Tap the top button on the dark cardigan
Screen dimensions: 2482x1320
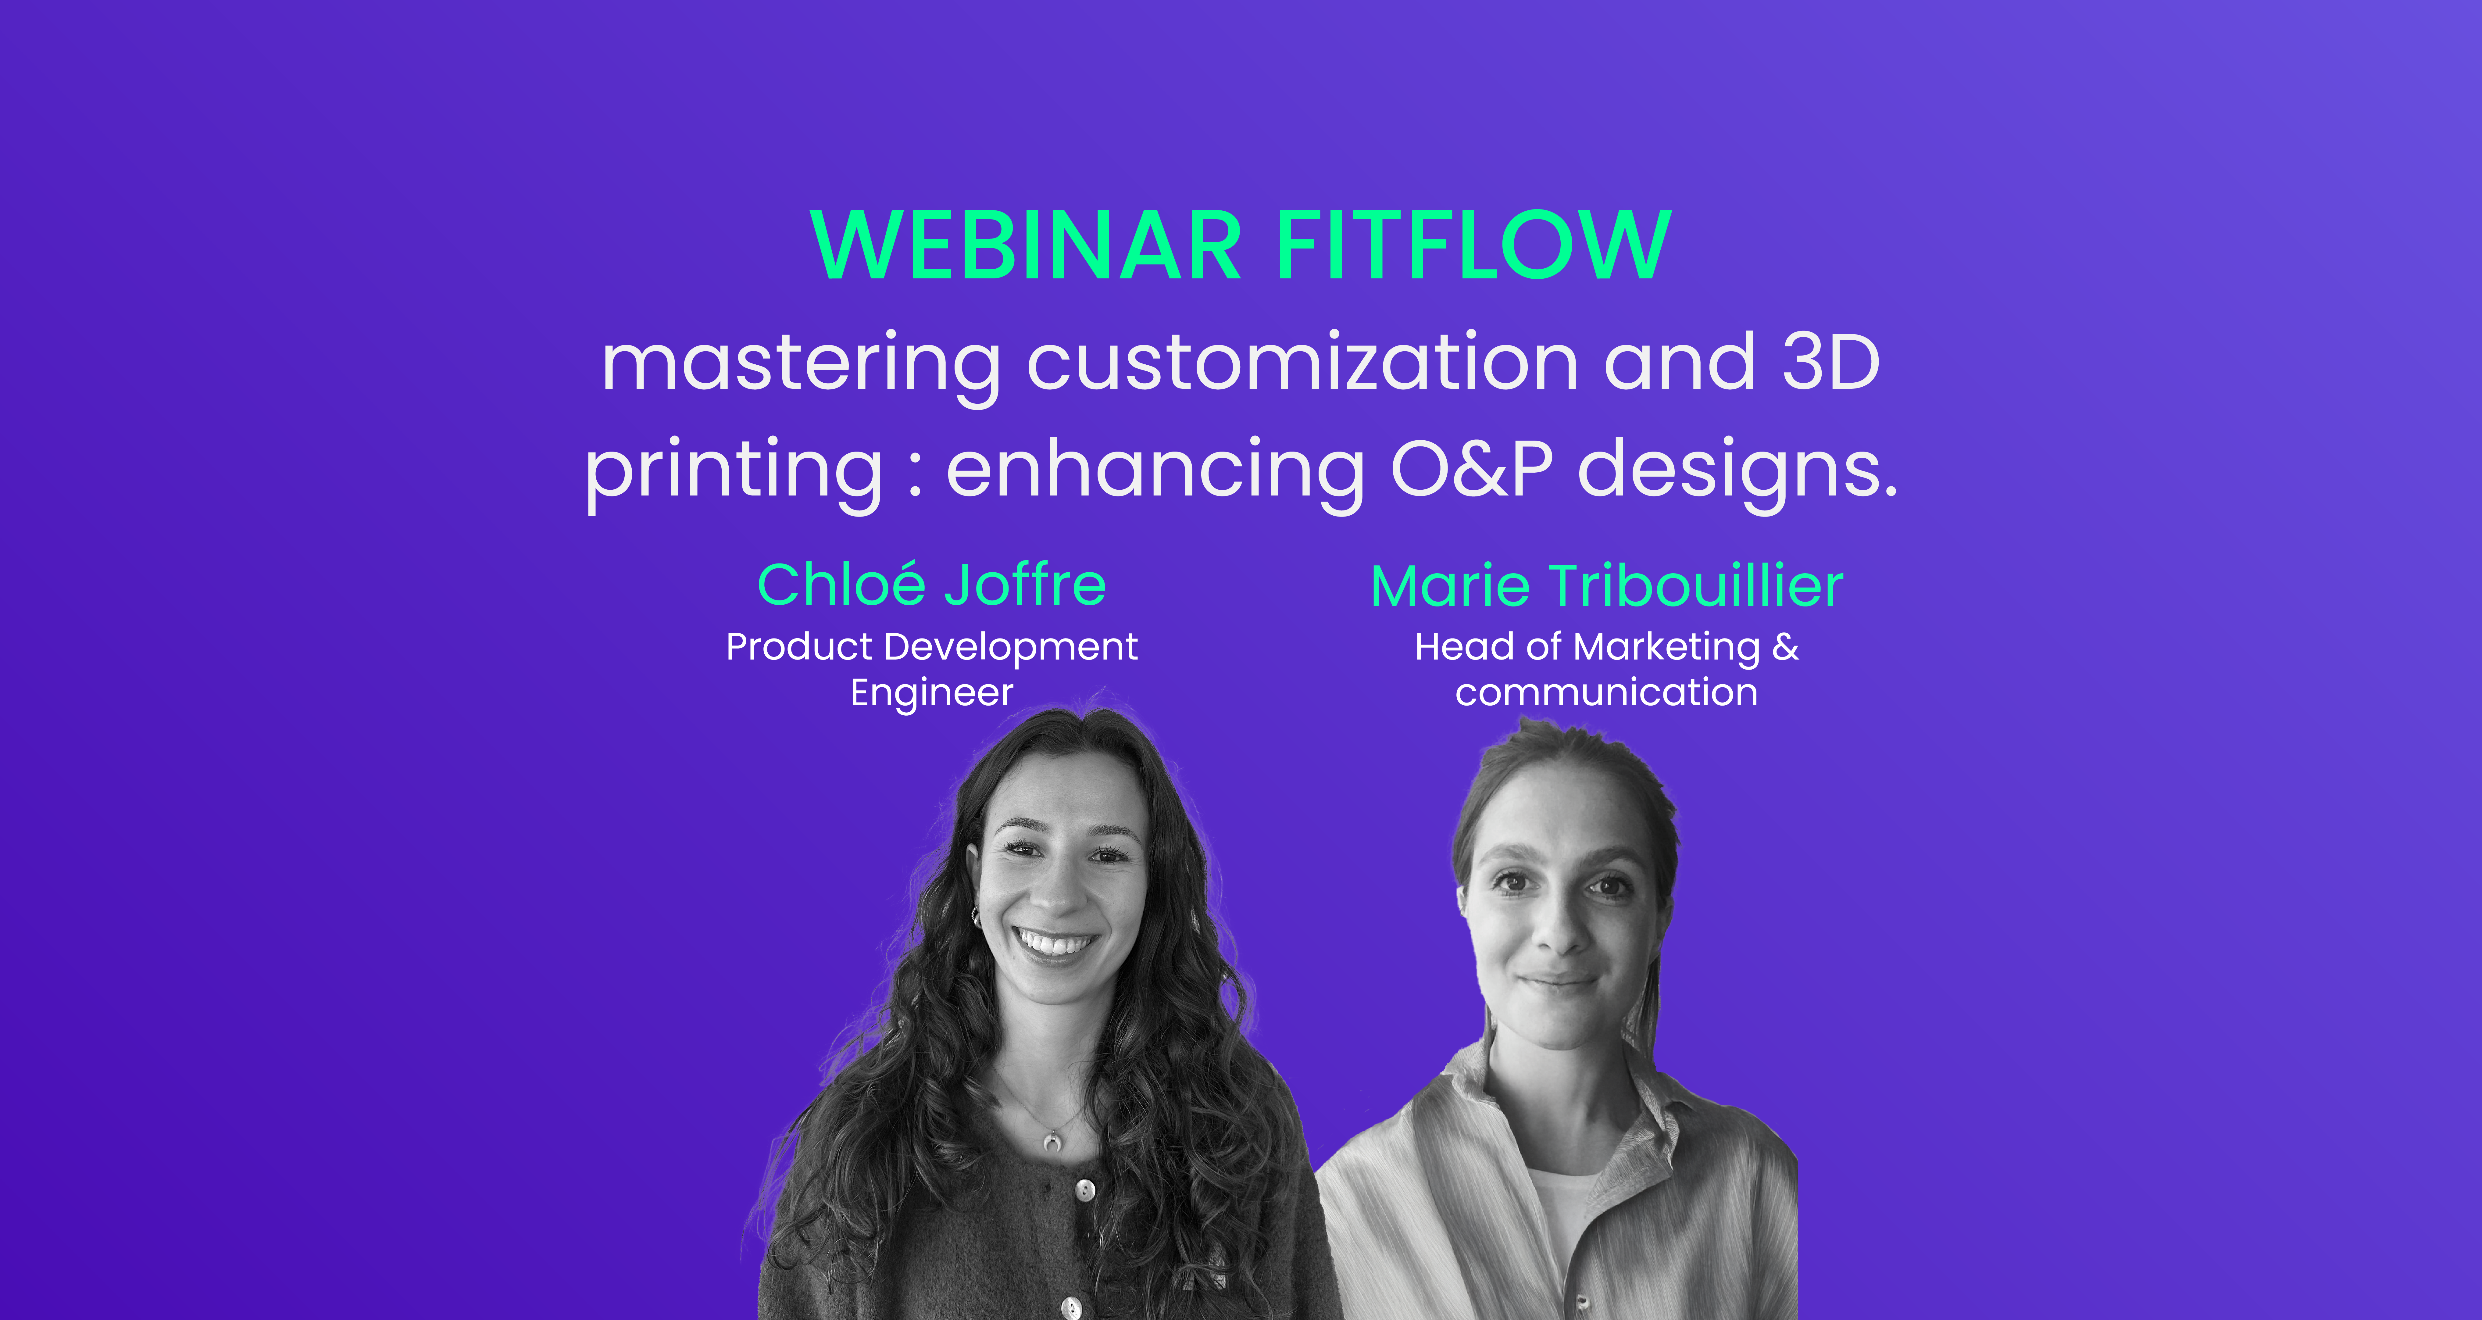[x=1085, y=1191]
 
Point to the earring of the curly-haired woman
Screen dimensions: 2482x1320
[x=975, y=915]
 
